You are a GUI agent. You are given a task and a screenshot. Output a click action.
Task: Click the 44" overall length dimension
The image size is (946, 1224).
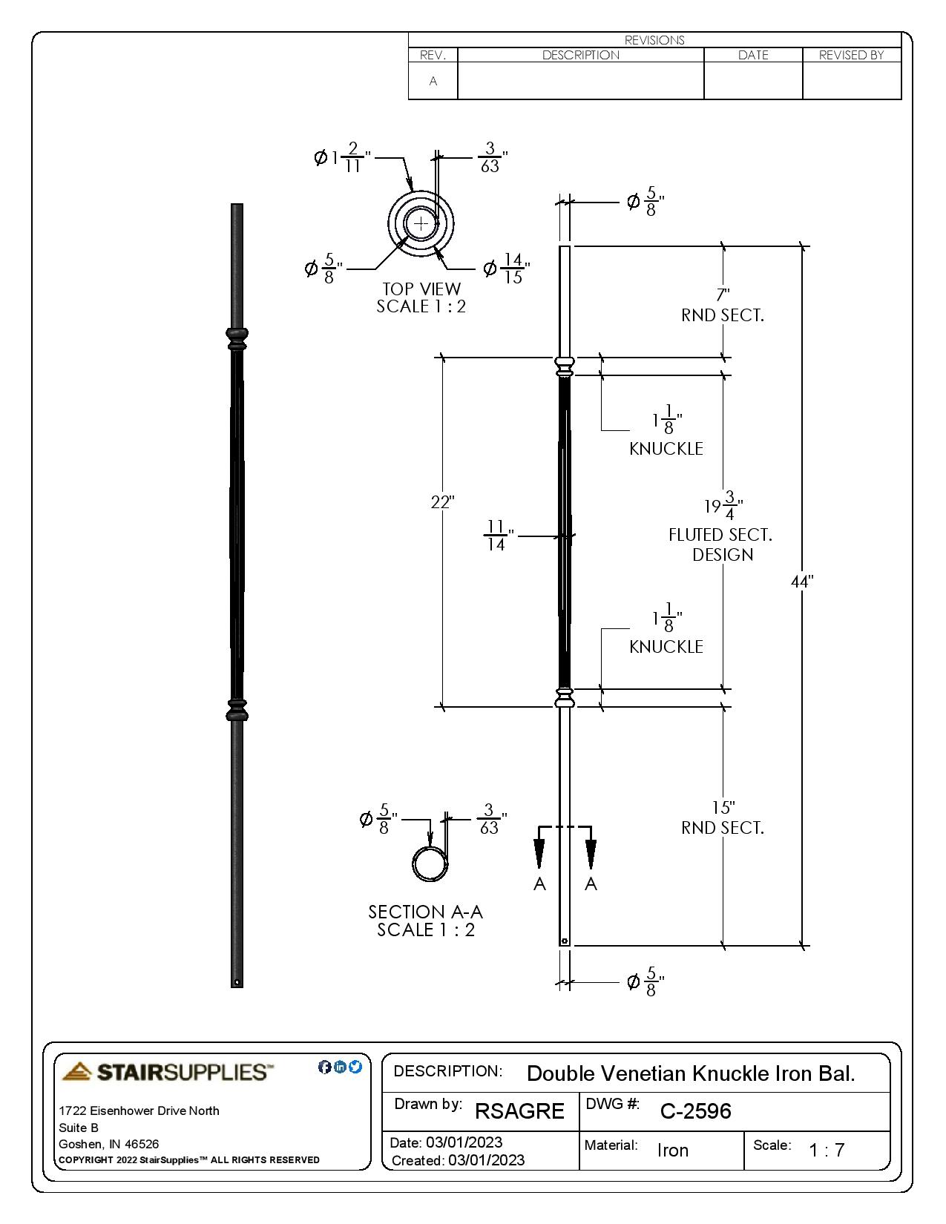[801, 582]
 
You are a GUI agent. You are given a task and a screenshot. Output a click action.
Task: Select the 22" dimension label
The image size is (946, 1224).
[442, 502]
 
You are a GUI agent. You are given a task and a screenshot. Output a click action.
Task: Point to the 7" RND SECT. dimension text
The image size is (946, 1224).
[723, 306]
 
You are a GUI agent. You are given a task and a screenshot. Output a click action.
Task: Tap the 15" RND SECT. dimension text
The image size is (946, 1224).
[723, 817]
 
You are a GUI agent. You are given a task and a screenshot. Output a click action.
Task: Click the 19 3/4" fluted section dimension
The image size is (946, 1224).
[723, 507]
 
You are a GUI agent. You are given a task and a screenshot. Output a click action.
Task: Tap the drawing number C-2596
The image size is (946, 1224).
[695, 1111]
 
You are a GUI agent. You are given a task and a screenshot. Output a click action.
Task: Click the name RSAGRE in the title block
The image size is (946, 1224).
[519, 1111]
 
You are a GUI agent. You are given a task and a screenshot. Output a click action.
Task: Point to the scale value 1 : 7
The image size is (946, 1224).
[827, 1151]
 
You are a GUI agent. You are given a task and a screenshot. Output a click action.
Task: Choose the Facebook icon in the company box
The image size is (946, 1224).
[324, 1067]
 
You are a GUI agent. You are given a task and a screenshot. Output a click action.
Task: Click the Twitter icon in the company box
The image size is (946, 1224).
[355, 1067]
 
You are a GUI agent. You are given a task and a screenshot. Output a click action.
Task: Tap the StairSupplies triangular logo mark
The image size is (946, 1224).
[77, 1071]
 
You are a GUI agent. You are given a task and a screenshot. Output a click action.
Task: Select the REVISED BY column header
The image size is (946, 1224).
[851, 55]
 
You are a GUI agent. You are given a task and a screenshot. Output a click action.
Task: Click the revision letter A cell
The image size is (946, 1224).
[433, 81]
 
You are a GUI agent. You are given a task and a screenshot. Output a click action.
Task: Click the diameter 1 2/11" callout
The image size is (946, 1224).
[342, 157]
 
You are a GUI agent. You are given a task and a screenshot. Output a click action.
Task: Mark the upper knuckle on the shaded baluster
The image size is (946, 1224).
[237, 338]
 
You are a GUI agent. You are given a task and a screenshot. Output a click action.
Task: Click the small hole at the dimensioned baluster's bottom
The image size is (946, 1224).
[565, 941]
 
